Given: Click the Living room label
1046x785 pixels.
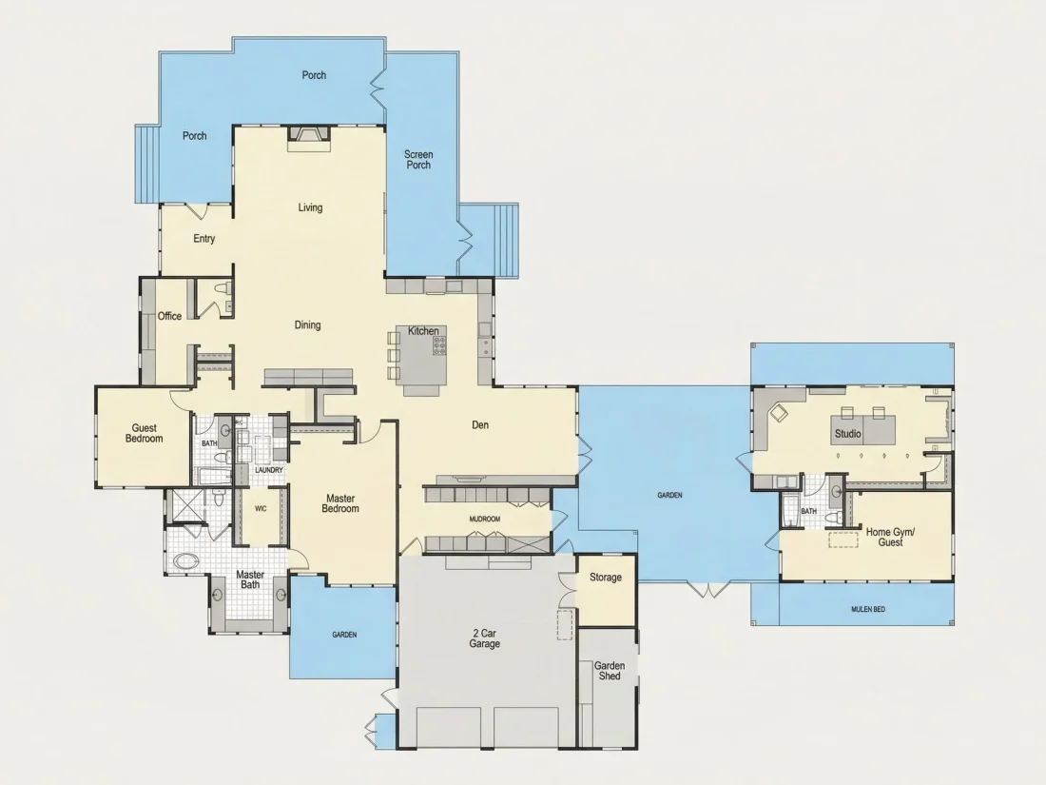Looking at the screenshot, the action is coord(310,207).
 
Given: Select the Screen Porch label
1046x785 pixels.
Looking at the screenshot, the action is coord(418,160).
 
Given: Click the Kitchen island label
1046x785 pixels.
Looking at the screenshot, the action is coord(423,331).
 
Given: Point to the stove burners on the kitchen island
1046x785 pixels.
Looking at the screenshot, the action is coord(439,345).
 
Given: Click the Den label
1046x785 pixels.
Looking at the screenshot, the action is coord(480,424).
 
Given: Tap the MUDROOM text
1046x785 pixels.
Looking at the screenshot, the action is coord(485,519).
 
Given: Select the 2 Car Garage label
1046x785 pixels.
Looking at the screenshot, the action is coord(484,638).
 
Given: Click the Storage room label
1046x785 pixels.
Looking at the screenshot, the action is coord(606,578).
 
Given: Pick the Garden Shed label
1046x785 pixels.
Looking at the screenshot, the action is coord(610,671).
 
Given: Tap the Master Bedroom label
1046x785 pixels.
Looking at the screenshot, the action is coord(340,503).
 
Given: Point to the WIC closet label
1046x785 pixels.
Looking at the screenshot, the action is coord(261,509).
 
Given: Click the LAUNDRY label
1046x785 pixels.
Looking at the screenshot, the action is coord(269,470).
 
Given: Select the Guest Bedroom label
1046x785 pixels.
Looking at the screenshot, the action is coord(145,433).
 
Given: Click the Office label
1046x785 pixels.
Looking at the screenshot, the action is coord(169,317).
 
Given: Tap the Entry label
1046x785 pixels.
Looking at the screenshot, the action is coord(204,238).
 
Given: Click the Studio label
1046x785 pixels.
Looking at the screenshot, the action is coord(848,434).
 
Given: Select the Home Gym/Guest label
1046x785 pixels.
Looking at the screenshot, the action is coord(891,538).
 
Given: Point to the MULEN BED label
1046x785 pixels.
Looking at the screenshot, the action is coord(868,609).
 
